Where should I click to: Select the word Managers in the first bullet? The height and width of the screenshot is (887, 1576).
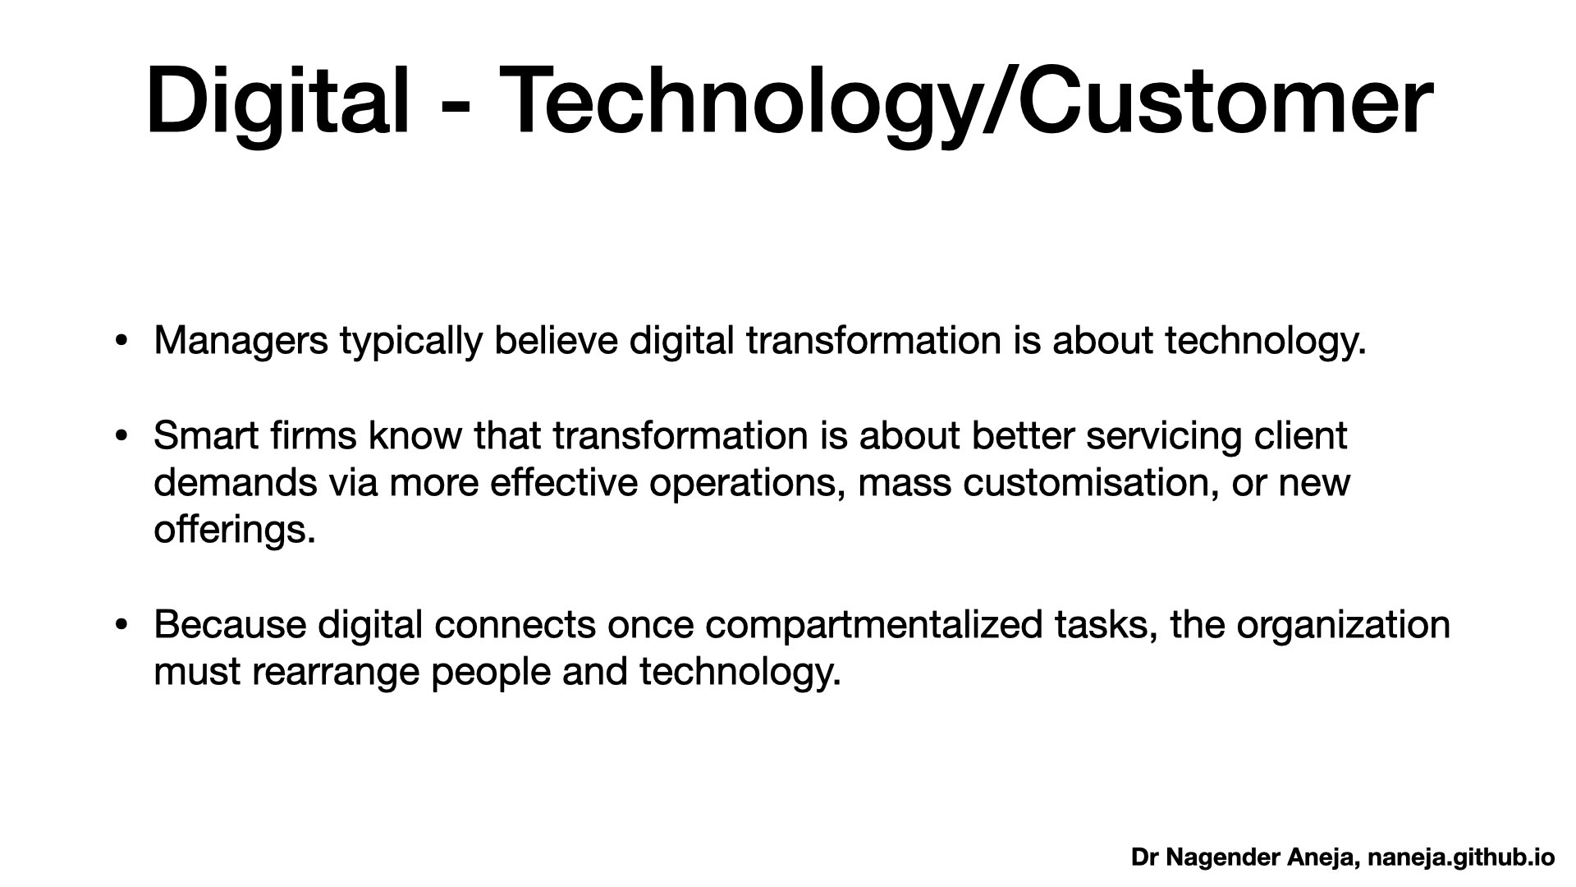241,341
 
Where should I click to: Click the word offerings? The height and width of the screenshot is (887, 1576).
234,530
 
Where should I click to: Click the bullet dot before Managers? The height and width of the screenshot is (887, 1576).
121,342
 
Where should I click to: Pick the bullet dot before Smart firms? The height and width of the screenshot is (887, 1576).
121,436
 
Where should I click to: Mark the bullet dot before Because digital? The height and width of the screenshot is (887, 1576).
121,625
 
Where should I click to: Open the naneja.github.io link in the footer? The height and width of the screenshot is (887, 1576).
1461,858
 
